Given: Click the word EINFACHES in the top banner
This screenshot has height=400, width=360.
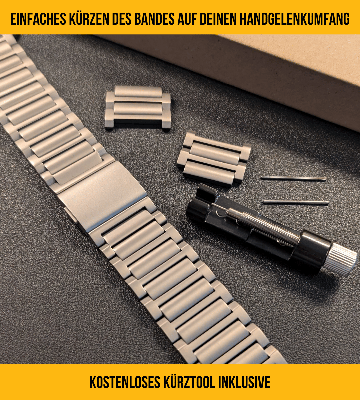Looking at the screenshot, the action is (x=38, y=19).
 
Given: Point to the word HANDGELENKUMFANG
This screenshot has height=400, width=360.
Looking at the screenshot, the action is (x=294, y=19).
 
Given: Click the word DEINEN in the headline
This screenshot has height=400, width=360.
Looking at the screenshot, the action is (x=217, y=19).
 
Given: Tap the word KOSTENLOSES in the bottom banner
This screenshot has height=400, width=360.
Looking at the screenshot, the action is (x=125, y=382).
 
